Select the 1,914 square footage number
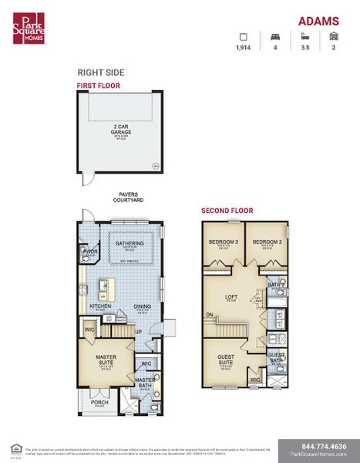pyautogui.click(x=244, y=48)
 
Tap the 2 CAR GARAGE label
pyautogui.click(x=121, y=130)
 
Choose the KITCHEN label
pyautogui.click(x=100, y=306)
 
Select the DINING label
pyautogui.click(x=143, y=306)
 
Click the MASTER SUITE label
pyautogui.click(x=106, y=359)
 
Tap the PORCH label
pyautogui.click(x=99, y=401)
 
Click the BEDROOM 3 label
pyautogui.click(x=224, y=242)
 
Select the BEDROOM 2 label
pyautogui.click(x=266, y=242)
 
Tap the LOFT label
pyautogui.click(x=230, y=296)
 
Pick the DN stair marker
pyautogui.click(x=210, y=315)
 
